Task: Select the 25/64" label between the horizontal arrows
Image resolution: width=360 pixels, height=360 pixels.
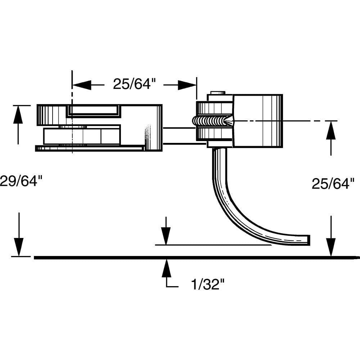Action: click(134, 84)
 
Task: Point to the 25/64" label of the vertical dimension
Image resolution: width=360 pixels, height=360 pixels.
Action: click(330, 184)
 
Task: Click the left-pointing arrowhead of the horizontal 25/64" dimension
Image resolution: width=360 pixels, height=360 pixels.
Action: click(81, 85)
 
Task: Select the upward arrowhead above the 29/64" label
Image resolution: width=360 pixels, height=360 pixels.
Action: click(18, 114)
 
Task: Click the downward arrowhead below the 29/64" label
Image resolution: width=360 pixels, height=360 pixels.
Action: click(18, 247)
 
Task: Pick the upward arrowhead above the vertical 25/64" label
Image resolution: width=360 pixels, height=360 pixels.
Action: click(330, 130)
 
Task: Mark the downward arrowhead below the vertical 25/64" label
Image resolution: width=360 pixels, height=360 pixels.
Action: click(330, 247)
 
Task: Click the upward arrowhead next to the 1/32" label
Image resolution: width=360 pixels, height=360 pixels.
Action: click(166, 268)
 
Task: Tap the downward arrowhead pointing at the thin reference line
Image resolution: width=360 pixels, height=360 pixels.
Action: click(166, 236)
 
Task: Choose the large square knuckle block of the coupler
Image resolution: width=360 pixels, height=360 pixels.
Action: click(257, 121)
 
